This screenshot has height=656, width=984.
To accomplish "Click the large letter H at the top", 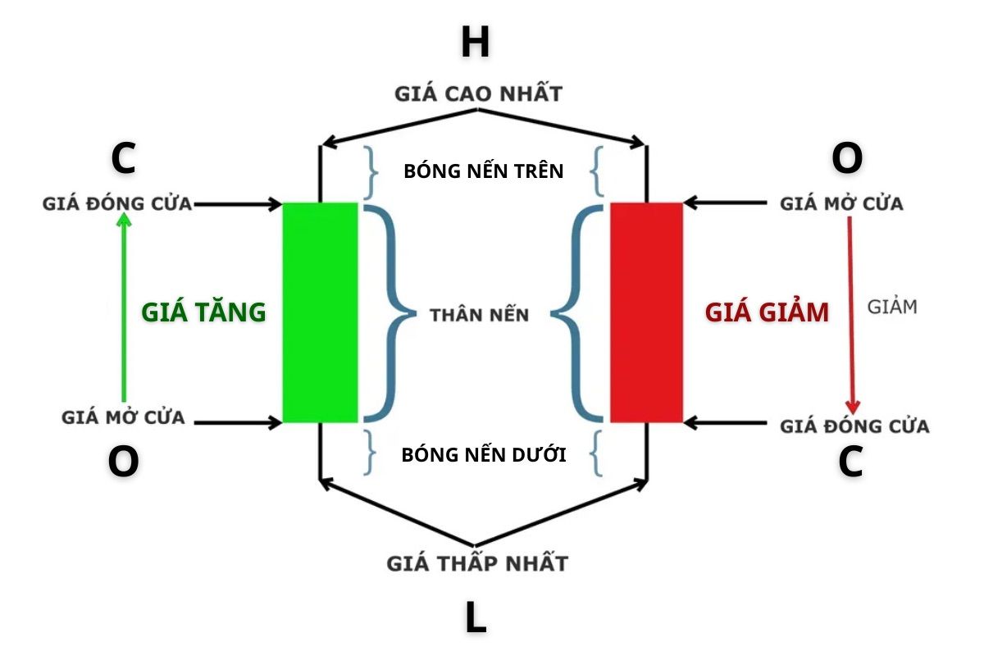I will (x=475, y=43).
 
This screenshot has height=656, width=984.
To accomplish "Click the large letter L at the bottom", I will (x=476, y=618).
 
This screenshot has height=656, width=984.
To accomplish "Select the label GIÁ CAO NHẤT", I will (x=478, y=93).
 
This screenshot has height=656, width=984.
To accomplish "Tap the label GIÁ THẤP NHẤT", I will (x=477, y=564).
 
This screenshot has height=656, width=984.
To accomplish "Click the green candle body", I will (x=320, y=312).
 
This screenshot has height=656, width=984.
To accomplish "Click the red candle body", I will (x=646, y=312).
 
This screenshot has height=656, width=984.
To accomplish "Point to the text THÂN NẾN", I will (x=480, y=315).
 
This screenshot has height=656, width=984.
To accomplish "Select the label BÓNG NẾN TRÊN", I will (x=484, y=171).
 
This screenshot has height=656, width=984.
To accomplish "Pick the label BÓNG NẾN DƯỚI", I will (x=484, y=454).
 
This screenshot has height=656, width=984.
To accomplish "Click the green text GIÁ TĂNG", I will (x=203, y=312).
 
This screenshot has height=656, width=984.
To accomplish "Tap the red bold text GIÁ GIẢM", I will (x=767, y=312).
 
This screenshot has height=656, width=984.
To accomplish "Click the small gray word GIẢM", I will (x=892, y=307).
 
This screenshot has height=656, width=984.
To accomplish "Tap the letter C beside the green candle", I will (x=123, y=159).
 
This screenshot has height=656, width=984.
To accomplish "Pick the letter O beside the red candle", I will (x=847, y=159).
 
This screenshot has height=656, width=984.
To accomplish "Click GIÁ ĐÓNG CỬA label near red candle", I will (x=854, y=426).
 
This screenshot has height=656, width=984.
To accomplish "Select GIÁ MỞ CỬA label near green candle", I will (x=123, y=418).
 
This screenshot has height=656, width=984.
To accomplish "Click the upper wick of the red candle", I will (x=647, y=174).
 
